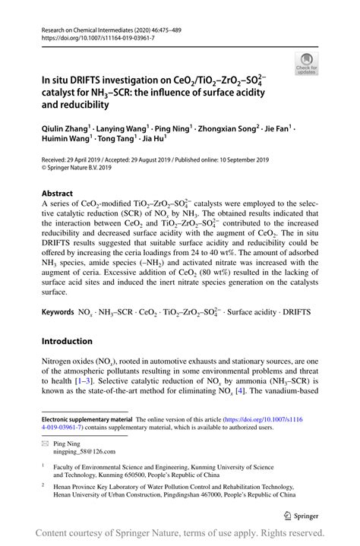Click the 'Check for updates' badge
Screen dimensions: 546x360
coord(308,63)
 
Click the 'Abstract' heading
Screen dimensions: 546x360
coord(58,194)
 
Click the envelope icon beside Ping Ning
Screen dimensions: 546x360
coord(46,442)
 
